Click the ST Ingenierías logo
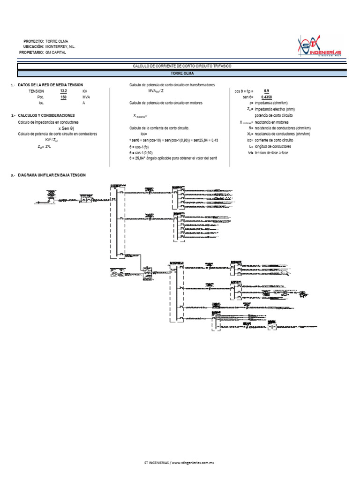click(x=320, y=46)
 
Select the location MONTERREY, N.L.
click(x=60, y=47)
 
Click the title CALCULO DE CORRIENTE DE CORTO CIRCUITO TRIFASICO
click(x=182, y=67)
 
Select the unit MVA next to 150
click(x=86, y=97)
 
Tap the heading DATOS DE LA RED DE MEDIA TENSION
click(x=50, y=84)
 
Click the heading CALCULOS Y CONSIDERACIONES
click(x=46, y=115)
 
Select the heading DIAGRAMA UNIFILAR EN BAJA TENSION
click(x=52, y=175)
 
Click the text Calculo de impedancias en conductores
click(x=48, y=122)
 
